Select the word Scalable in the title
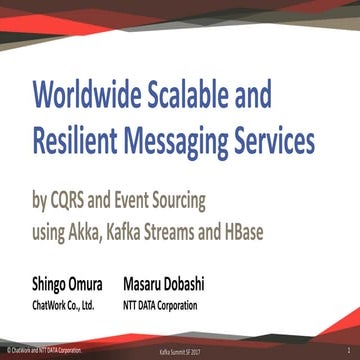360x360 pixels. click(203, 96)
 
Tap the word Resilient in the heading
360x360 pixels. click(80, 141)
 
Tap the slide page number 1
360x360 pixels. click(347, 353)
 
